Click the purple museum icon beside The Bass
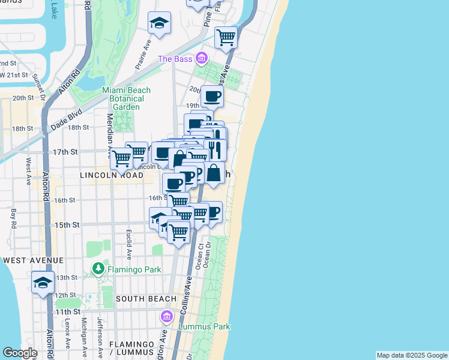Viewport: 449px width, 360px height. (x=201, y=58)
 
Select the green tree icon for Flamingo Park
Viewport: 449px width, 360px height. (x=98, y=269)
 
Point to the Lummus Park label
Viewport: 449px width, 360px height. (x=205, y=327)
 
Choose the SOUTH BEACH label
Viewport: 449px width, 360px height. (x=146, y=299)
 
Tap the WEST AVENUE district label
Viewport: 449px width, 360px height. (x=33, y=260)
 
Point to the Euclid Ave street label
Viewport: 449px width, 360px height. (x=128, y=239)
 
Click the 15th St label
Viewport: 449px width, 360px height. (x=67, y=225)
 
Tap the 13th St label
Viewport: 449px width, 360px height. (x=67, y=277)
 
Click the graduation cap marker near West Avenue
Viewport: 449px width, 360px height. (x=43, y=283)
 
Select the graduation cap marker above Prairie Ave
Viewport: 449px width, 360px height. (x=159, y=24)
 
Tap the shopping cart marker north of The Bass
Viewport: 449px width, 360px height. (x=226, y=37)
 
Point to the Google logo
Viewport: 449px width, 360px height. (x=20, y=353)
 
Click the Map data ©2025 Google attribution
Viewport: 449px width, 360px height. (x=412, y=355)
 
